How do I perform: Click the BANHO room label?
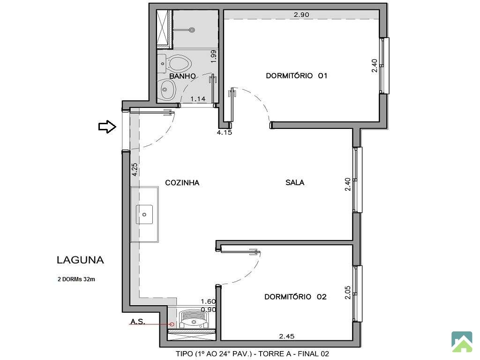tap(182, 76)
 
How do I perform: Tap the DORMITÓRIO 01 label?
tap(297, 75)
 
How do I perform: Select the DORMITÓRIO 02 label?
tap(295, 297)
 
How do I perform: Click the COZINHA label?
tap(182, 183)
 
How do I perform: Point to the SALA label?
tap(295, 183)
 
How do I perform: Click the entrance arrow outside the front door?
tap(107, 127)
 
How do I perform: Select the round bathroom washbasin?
tap(167, 89)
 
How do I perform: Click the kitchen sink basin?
tap(144, 214)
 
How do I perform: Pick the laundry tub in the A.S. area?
tap(194, 320)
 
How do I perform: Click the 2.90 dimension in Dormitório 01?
tap(301, 15)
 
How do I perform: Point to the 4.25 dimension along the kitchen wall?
tap(135, 169)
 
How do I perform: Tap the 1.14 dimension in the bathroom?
tap(198, 99)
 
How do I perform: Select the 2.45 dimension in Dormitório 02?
tap(287, 336)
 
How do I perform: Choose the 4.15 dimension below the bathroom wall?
tap(225, 133)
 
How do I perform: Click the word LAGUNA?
tap(80, 260)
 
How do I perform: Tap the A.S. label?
tap(138, 322)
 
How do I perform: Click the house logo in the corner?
tap(462, 342)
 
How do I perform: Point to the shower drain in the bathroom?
tap(192, 30)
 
